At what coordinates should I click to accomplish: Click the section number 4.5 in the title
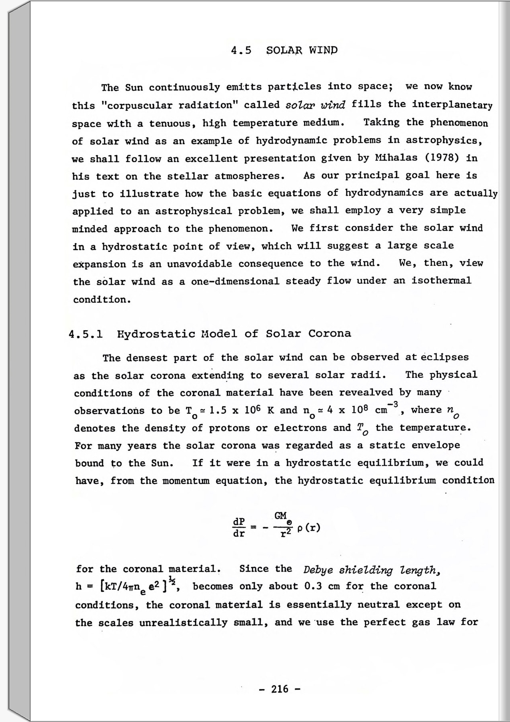pos(241,50)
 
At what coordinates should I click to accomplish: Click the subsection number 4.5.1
pos(86,334)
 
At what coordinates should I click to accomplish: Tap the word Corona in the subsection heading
pos(329,333)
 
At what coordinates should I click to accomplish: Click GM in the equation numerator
pos(281,516)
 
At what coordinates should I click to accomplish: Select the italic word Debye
pos(318,570)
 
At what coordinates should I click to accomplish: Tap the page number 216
pos(280,689)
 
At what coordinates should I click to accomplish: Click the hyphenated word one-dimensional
pos(235,281)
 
